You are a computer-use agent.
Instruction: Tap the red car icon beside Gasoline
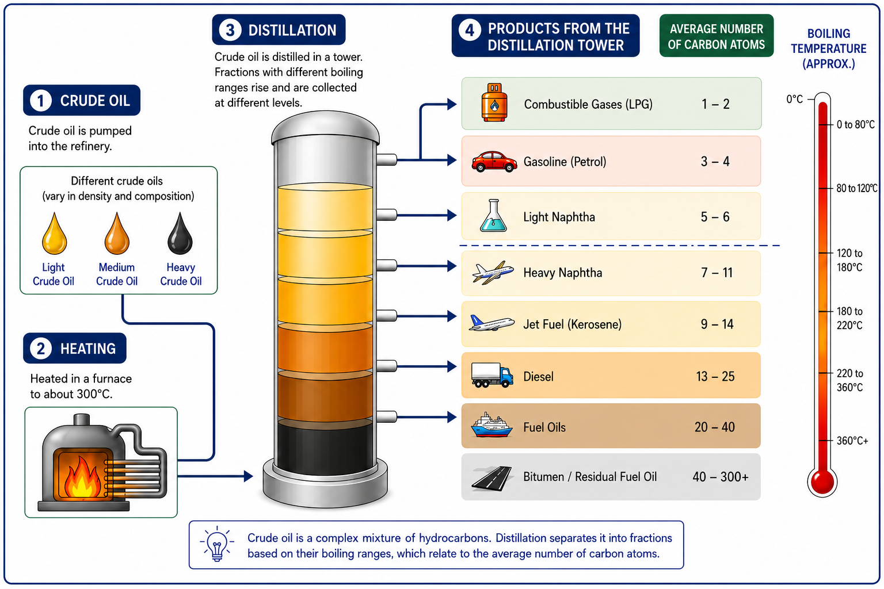click(x=494, y=162)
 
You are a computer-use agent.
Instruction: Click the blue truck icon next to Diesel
click(x=492, y=375)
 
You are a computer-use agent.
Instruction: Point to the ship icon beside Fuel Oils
click(x=491, y=425)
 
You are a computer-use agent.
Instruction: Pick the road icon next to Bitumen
click(x=492, y=478)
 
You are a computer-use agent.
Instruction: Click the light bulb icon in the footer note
click(x=216, y=544)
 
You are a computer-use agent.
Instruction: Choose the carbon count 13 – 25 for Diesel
click(x=715, y=376)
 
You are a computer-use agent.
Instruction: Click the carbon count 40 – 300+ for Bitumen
click(x=720, y=477)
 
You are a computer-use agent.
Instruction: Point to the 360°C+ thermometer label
click(x=852, y=441)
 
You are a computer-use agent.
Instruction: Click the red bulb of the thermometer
click(x=822, y=481)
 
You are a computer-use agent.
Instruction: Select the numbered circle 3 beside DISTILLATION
click(x=230, y=30)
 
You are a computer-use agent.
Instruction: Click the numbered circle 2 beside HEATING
click(x=41, y=349)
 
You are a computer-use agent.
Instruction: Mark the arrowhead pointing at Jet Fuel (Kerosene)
click(x=452, y=316)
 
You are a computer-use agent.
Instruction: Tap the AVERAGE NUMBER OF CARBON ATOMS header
click(x=717, y=36)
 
